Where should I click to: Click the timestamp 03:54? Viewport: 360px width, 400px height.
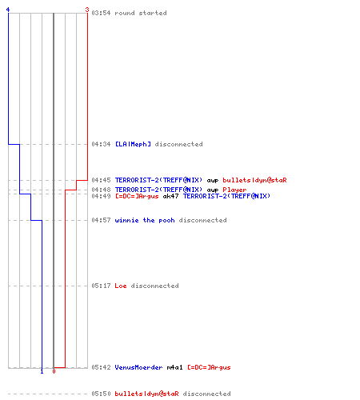point(101,13)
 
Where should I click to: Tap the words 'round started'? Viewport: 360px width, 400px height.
point(141,13)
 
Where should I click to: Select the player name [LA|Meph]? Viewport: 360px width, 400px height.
point(133,144)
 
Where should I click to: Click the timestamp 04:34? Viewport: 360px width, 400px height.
point(101,144)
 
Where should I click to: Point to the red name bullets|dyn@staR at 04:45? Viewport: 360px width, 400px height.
point(254,180)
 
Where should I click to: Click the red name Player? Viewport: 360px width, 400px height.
point(234,190)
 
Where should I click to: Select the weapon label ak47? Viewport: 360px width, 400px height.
point(170,196)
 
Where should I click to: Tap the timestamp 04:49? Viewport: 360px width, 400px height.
point(101,196)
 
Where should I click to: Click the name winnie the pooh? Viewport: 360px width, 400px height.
point(145,220)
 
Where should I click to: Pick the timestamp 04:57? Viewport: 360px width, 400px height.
point(101,220)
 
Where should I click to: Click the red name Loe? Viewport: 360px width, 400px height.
point(121,286)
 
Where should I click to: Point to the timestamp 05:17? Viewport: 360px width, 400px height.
point(101,286)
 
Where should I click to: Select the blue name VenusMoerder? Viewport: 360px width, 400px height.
point(138,367)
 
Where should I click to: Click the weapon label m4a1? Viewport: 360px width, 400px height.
point(174,367)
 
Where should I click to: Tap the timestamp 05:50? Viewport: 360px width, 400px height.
point(101,394)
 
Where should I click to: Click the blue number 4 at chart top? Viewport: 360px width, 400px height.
point(8,10)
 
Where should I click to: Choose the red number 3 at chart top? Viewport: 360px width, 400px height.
point(87,10)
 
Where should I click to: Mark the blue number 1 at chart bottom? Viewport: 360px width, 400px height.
point(42,371)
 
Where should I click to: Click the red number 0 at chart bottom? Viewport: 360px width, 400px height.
point(54,371)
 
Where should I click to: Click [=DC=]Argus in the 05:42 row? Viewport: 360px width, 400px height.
point(209,367)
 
